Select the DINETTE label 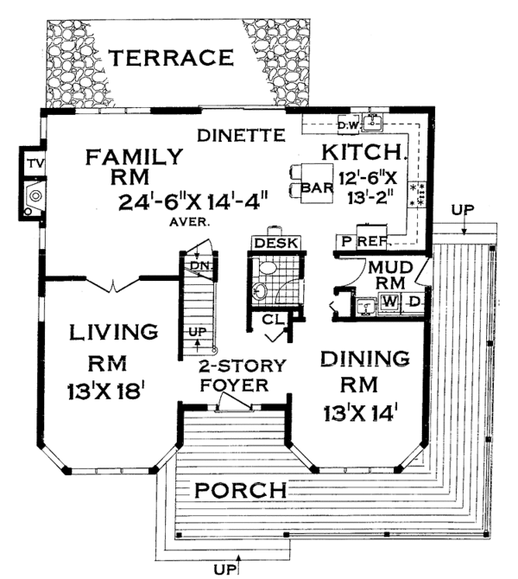(x=241, y=136)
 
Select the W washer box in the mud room (x=389, y=302)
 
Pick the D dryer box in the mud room (x=414, y=302)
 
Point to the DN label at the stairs (x=201, y=265)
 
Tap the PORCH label (x=239, y=491)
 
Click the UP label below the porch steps (x=225, y=569)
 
